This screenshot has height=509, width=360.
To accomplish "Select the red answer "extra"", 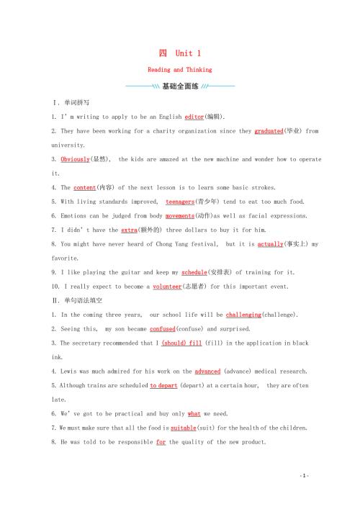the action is click(129, 230).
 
